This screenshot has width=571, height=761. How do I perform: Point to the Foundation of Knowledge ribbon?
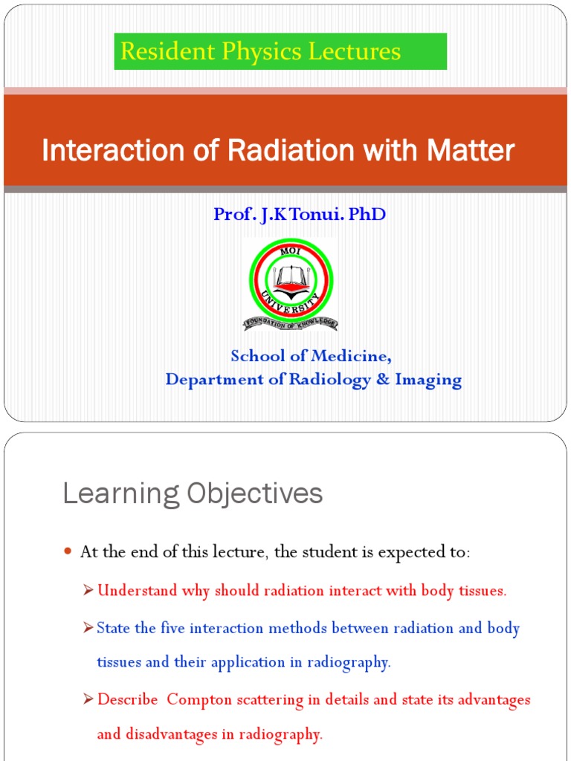(x=290, y=323)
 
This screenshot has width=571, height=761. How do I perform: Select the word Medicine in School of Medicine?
(x=352, y=356)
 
